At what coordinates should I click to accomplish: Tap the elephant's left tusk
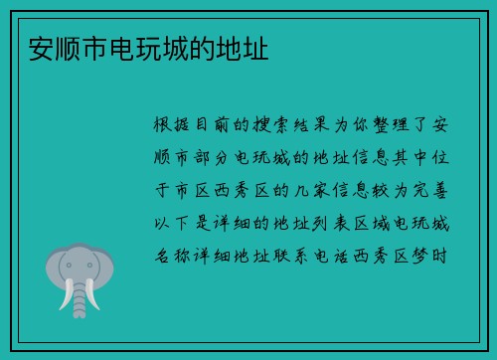[68, 296]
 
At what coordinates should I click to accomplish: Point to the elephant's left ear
[56, 268]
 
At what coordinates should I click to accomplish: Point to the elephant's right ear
[104, 268]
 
